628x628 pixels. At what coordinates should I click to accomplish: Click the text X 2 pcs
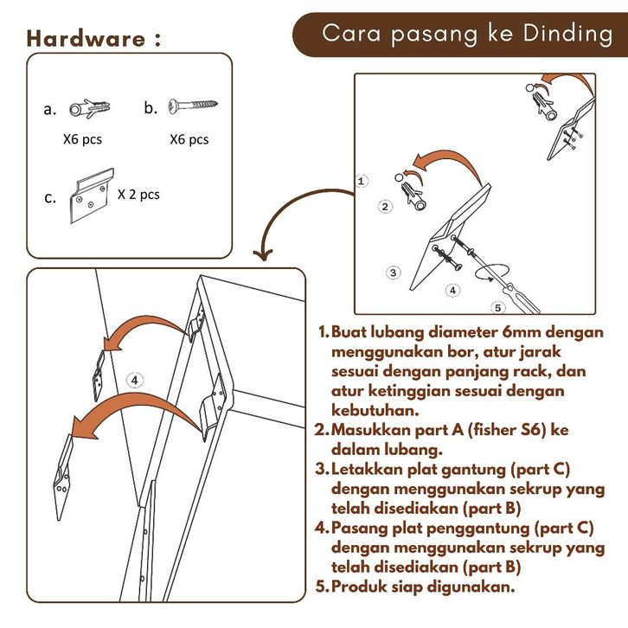coord(138,195)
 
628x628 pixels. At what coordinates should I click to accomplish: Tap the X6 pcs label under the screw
coord(189,138)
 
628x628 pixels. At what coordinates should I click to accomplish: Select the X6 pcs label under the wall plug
coord(83,138)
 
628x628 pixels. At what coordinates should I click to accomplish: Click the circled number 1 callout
coord(362,181)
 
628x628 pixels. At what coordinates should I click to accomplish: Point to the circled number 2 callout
coord(386,207)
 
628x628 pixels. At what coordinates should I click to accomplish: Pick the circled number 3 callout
coord(394,272)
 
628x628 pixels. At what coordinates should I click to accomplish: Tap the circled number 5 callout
coord(497,306)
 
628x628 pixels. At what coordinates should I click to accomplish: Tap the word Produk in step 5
coord(362,586)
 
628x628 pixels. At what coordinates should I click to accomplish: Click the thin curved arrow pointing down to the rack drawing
coord(285,221)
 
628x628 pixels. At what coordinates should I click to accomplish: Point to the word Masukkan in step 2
coord(368,429)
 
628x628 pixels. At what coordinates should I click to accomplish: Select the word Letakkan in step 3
coord(368,469)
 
